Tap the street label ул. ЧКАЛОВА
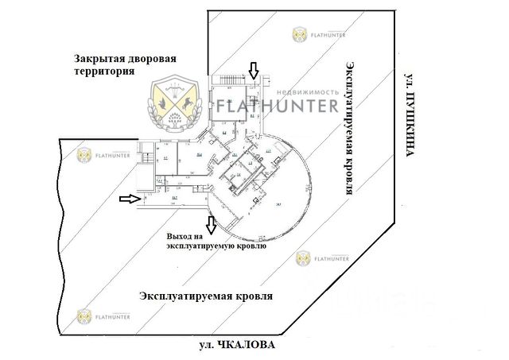click(239, 346)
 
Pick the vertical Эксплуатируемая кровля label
click(350, 127)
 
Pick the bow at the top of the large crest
click(175, 84)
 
